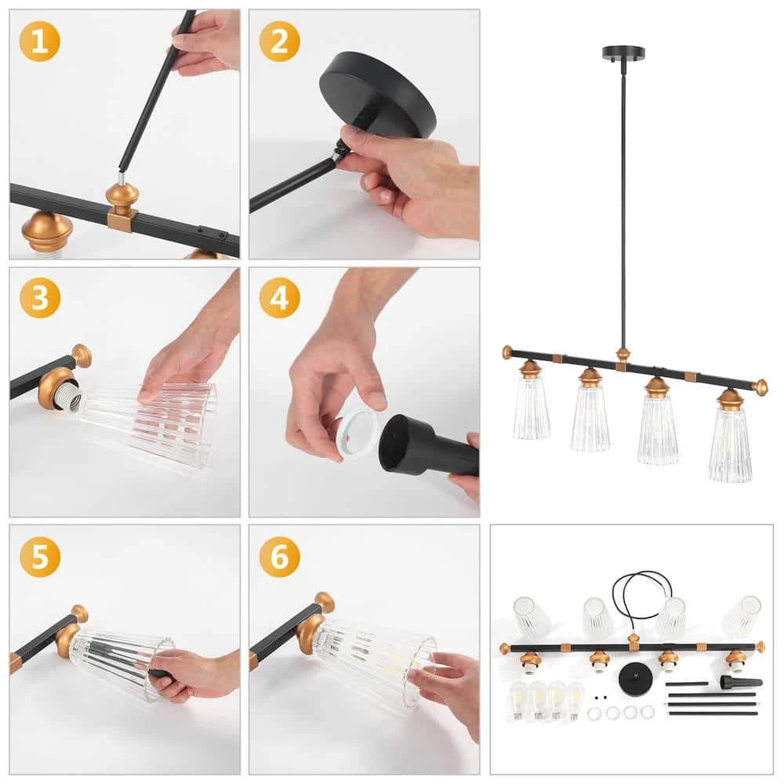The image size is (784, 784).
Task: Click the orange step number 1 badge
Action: [39, 41]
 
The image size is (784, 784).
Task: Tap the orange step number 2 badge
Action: [280, 41]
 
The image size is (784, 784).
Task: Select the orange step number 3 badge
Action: [40, 298]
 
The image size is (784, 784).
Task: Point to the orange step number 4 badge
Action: [280, 298]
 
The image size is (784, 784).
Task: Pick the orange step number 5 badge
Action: [40, 557]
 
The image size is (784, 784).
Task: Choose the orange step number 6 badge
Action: [280, 557]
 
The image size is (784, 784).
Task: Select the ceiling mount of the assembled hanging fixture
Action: [623, 53]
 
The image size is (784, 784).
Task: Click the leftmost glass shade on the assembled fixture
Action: [531, 407]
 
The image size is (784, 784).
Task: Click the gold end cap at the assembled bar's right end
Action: [760, 387]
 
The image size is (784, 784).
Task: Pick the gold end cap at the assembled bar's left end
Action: [507, 353]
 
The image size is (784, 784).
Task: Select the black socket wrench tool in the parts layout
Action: [741, 681]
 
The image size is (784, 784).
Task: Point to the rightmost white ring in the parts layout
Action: [648, 712]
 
